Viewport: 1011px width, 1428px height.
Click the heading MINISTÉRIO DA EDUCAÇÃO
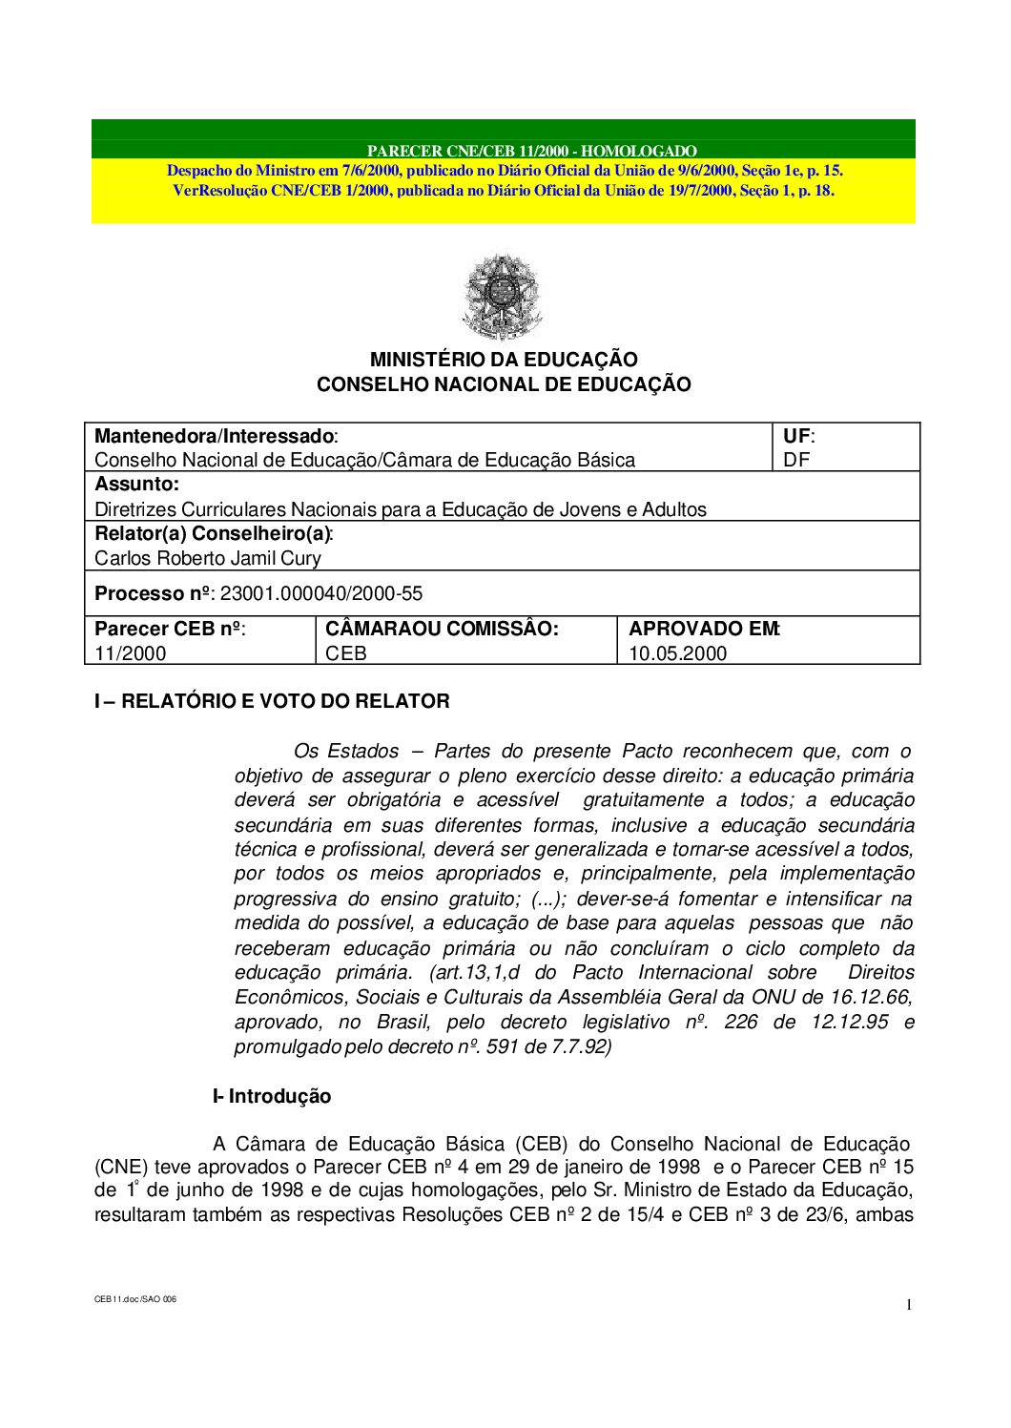pos(504,360)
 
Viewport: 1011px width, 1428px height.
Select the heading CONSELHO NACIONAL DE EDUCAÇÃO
pos(504,384)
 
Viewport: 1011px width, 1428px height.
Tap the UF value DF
pos(794,461)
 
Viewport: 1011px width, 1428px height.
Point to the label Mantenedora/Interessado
pos(215,436)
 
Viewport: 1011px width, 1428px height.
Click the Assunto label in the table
pos(136,485)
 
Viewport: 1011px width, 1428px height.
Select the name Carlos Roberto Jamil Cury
pos(207,559)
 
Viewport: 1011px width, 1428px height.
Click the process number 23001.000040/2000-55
pos(321,594)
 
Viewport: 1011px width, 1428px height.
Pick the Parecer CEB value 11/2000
pos(130,654)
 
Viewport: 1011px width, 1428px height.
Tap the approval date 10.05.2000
pos(677,654)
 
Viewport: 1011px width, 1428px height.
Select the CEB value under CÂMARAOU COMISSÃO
pos(346,654)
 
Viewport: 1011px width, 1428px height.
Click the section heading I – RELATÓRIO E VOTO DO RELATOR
pos(272,702)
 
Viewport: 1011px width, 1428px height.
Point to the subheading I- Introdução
pos(272,1097)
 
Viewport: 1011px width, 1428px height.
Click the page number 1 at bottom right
pos(910,1305)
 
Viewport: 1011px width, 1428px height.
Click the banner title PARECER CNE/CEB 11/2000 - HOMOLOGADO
pos(531,151)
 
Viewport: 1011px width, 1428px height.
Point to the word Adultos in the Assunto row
pos(675,509)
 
